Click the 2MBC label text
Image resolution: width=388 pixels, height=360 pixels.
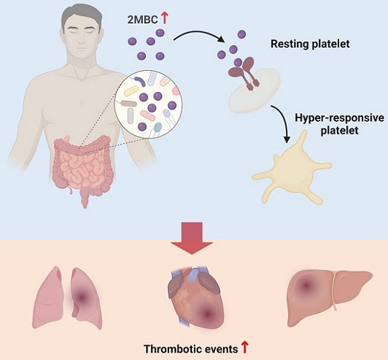[x=142, y=20]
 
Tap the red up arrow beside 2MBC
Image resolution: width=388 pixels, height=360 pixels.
[x=164, y=18]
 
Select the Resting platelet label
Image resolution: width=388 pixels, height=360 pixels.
[x=310, y=44]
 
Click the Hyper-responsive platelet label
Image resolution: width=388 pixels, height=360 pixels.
[x=340, y=124]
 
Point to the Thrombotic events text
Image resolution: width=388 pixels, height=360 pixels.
[x=191, y=349]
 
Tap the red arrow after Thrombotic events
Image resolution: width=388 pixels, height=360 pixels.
[x=244, y=348]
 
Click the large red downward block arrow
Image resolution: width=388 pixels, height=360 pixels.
[x=192, y=238]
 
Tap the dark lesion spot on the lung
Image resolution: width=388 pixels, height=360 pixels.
[x=82, y=296]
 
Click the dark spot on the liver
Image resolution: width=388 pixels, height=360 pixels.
[x=306, y=286]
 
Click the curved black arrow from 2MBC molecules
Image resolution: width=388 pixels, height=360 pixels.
[x=198, y=34]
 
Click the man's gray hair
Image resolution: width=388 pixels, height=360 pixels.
[x=82, y=17]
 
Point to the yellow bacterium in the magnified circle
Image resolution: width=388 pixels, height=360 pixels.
[x=131, y=91]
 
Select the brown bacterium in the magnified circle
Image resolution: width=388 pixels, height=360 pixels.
[x=128, y=104]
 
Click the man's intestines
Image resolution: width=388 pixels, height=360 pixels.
[x=83, y=166]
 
